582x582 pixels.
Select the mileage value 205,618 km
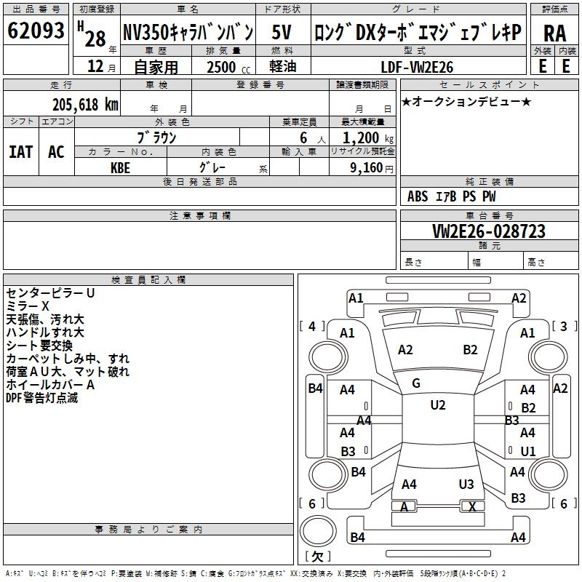pyautogui.click(x=84, y=104)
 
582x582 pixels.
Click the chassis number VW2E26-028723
pyautogui.click(x=489, y=231)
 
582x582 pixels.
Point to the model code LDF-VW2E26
pyautogui.click(x=417, y=67)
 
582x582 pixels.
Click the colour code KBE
pyautogui.click(x=121, y=166)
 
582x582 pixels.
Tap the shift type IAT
pyautogui.click(x=20, y=152)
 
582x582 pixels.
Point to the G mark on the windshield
pyautogui.click(x=416, y=383)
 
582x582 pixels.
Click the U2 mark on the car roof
pyautogui.click(x=437, y=405)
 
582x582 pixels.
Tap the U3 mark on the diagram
pyautogui.click(x=466, y=484)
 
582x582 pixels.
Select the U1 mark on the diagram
pyautogui.click(x=528, y=451)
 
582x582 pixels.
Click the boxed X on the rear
pyautogui.click(x=472, y=506)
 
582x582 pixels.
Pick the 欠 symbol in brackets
pyautogui.click(x=316, y=557)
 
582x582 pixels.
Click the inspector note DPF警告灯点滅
pyautogui.click(x=41, y=398)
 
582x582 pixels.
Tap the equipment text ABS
pyautogui.click(x=418, y=196)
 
